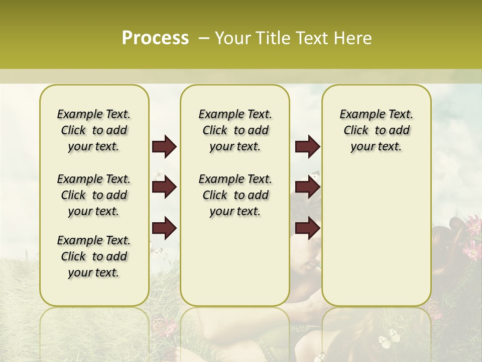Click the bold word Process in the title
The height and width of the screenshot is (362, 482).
coord(155,38)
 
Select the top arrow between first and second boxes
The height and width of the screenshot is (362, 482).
coord(164,147)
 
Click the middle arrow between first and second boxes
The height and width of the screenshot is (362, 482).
coord(164,188)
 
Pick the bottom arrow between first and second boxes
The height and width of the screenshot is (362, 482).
coord(164,228)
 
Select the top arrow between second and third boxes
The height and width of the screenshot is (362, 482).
coord(307,147)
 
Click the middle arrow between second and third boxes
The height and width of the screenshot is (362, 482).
coord(307,188)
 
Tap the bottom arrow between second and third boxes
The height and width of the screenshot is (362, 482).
coord(307,228)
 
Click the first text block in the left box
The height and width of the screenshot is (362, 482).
coord(94,130)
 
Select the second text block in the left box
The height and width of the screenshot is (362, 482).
coord(94,195)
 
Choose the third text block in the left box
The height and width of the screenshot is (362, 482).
coord(94,256)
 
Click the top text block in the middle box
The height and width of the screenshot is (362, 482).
coord(235,130)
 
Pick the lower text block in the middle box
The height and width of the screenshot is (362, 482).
coord(235,195)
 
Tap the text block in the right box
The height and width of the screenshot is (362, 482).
coord(376,130)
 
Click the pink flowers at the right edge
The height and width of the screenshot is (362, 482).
coord(472,236)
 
